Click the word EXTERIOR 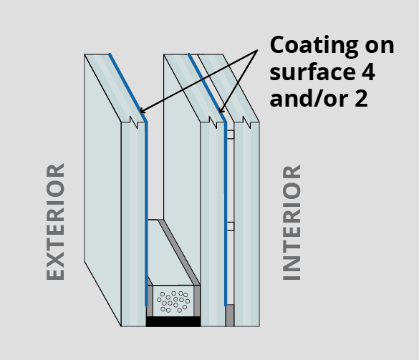tap(55, 222)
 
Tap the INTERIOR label tap(292, 223)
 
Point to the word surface tap(311, 72)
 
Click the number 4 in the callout tap(368, 72)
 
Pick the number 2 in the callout tap(361, 98)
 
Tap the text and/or tap(309, 98)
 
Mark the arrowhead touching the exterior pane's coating tap(143, 110)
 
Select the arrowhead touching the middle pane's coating tap(221, 110)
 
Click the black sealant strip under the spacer tap(173, 321)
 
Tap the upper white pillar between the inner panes tap(231, 135)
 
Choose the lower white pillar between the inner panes tap(231, 226)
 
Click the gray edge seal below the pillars tap(230, 316)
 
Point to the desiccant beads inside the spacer tap(174, 302)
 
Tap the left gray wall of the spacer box tap(150, 301)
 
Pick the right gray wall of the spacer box tap(197, 301)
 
